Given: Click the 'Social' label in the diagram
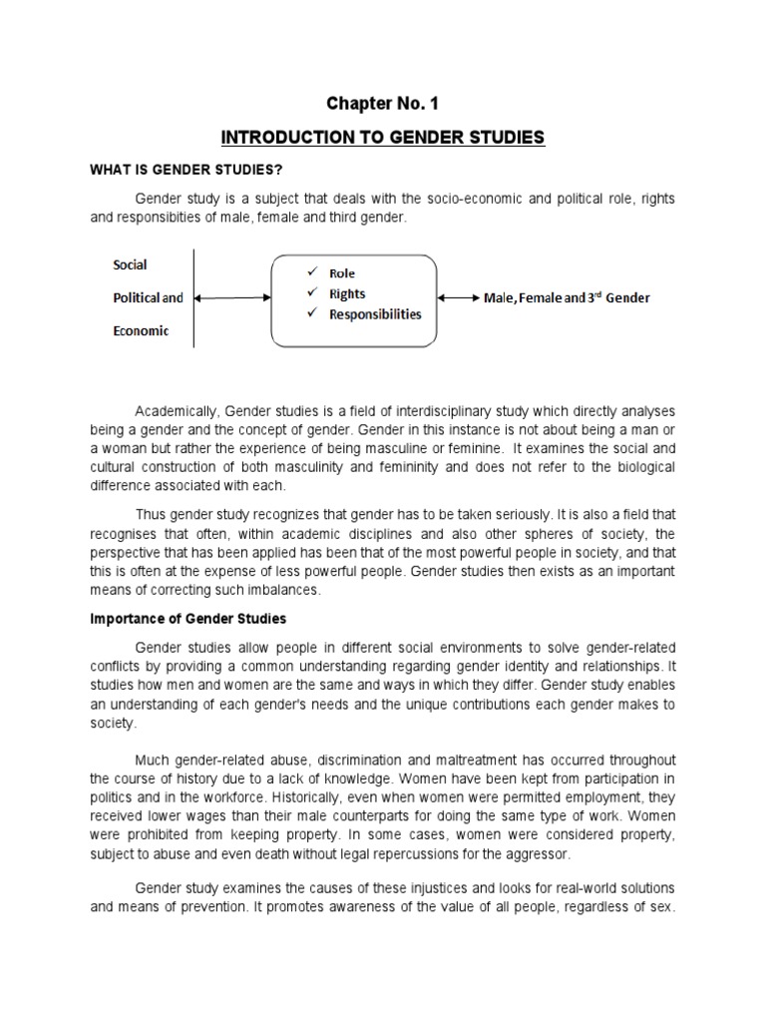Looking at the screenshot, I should [x=130, y=264].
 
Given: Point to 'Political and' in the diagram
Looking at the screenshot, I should [x=148, y=297].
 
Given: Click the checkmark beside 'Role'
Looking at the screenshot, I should [x=312, y=272].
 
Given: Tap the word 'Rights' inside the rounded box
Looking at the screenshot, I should [x=348, y=293].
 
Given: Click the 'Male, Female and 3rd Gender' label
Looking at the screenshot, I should [x=568, y=298].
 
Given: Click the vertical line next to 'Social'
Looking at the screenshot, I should [x=194, y=298].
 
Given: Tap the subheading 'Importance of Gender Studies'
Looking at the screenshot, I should [x=188, y=619].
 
